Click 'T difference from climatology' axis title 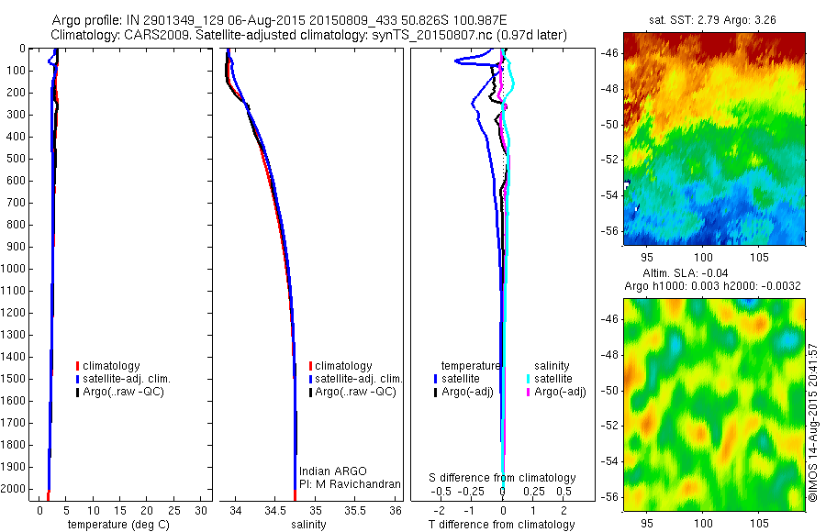(x=501, y=525)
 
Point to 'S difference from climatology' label (x=503, y=478)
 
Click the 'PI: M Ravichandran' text (x=350, y=484)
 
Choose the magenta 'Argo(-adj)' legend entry (x=560, y=392)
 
